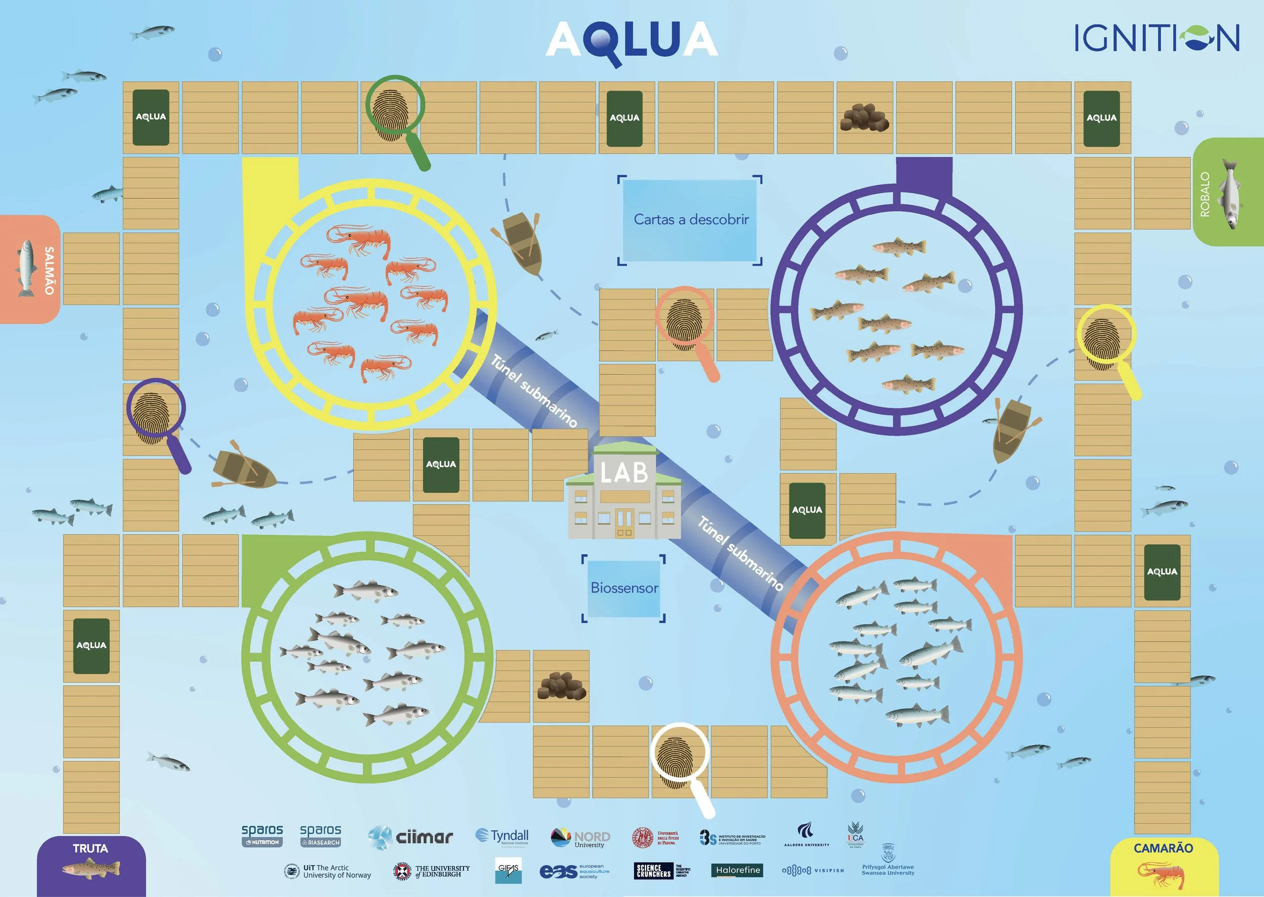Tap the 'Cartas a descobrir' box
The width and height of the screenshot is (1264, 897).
(x=690, y=220)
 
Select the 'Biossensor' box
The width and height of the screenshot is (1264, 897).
(x=624, y=588)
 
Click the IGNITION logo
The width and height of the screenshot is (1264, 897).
(x=1157, y=38)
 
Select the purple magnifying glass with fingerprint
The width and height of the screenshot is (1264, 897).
(x=156, y=412)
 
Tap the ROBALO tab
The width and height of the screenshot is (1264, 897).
(x=1229, y=192)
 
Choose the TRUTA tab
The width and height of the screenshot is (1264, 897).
(x=91, y=866)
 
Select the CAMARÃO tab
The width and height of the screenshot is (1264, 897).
(x=1163, y=866)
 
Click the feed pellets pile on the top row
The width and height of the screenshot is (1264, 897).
(x=864, y=118)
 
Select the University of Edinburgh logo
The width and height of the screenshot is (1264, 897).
(x=432, y=872)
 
